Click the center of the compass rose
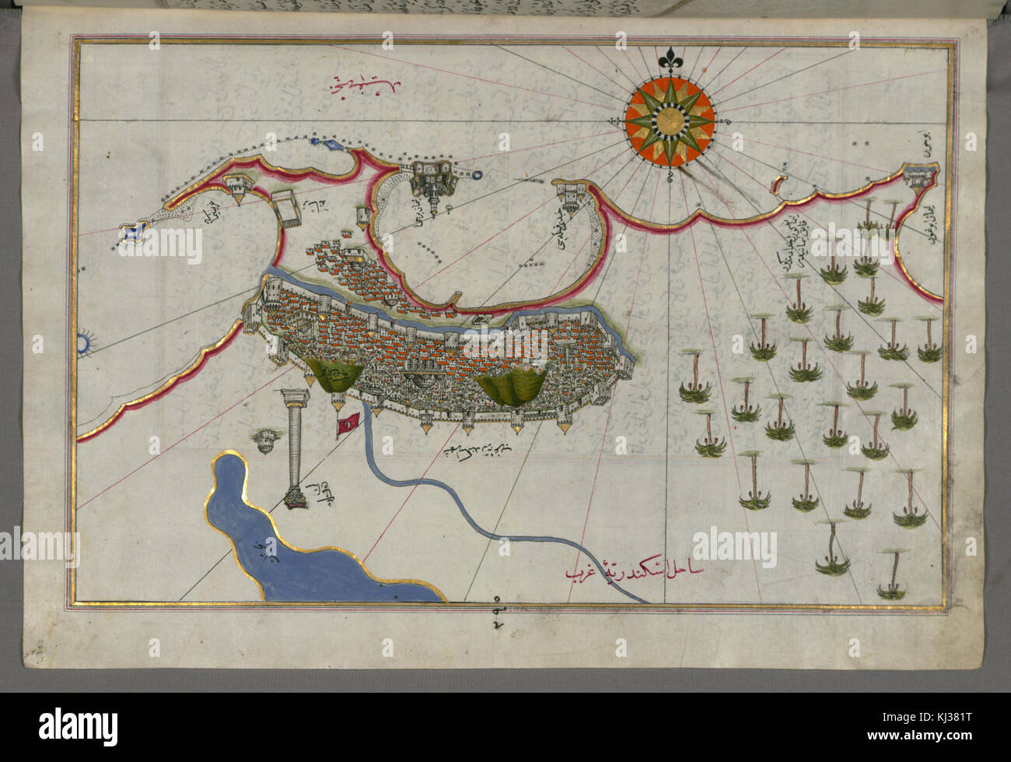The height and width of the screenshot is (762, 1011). pyautogui.click(x=670, y=122)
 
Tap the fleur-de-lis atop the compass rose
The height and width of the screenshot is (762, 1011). pyautogui.click(x=670, y=59)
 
